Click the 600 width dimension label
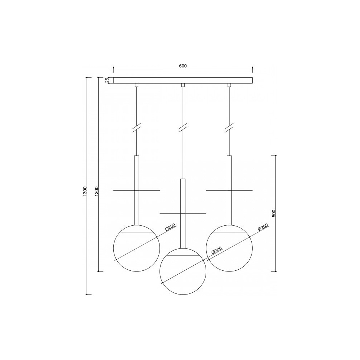point(183,66)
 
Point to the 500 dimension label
point(274,213)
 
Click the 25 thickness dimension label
point(107,80)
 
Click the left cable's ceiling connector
point(136,85)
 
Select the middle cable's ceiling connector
point(183,85)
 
